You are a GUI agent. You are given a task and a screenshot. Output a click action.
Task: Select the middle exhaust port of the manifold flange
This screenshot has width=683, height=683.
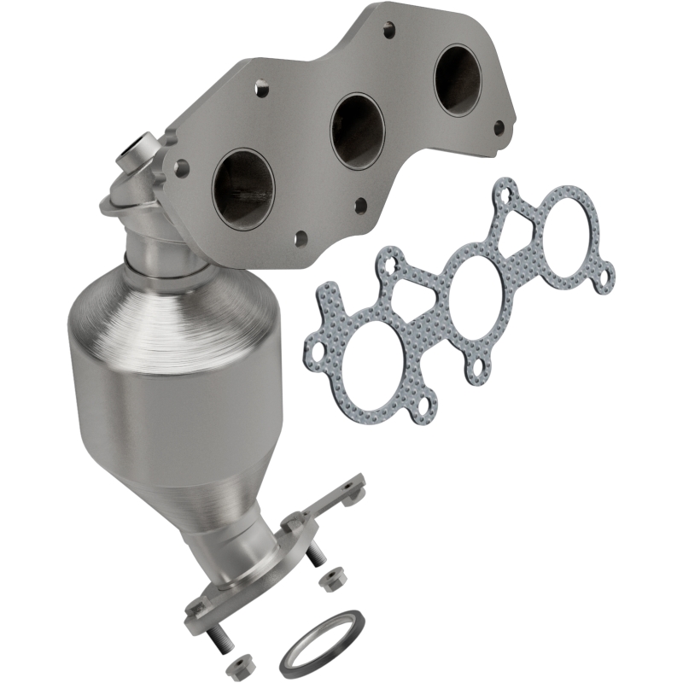pos(357,130)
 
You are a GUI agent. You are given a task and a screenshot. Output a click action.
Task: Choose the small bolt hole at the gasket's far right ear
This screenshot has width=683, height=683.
pos(607,277)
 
